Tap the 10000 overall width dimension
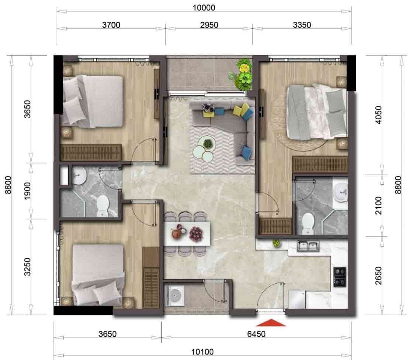tap(204, 7)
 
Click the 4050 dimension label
tap(378, 116)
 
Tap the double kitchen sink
tap(309, 246)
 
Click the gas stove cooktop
tap(339, 276)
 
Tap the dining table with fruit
tap(187, 233)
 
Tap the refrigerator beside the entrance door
tap(297, 299)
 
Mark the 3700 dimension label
tap(111, 25)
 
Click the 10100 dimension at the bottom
tap(202, 352)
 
